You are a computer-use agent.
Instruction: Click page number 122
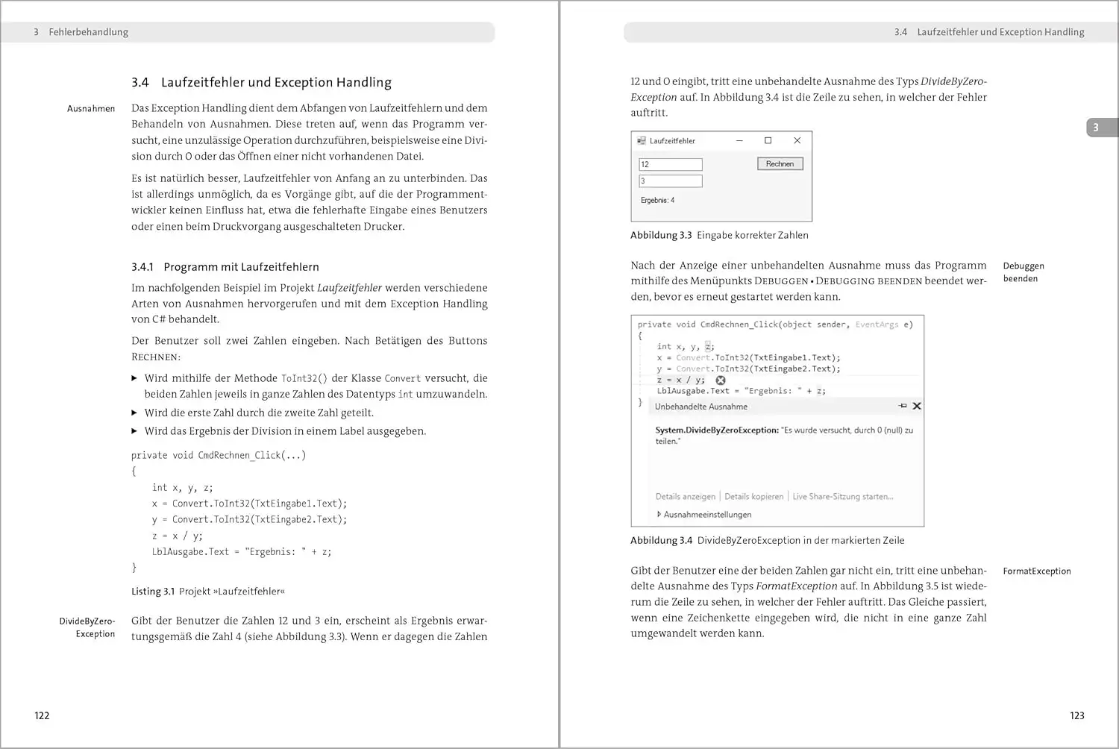pyautogui.click(x=42, y=715)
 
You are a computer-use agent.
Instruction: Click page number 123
pyautogui.click(x=1076, y=715)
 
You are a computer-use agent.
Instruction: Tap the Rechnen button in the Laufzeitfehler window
pyautogui.click(x=780, y=164)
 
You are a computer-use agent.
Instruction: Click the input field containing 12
pyautogui.click(x=670, y=165)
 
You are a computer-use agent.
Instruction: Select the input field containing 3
pyautogui.click(x=670, y=181)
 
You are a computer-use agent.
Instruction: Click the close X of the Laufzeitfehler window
pyautogui.click(x=797, y=140)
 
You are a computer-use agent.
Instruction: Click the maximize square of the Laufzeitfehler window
pyautogui.click(x=768, y=140)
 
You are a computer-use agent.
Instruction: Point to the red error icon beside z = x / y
pyautogui.click(x=721, y=380)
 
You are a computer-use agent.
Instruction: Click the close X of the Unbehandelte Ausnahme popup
pyautogui.click(x=917, y=407)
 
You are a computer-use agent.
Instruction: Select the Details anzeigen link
pyautogui.click(x=685, y=497)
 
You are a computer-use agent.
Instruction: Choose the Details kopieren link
pyautogui.click(x=753, y=497)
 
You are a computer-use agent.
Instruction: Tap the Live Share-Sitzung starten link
pyautogui.click(x=842, y=497)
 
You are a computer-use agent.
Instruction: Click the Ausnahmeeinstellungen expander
pyautogui.click(x=705, y=515)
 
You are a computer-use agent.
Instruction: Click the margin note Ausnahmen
pyautogui.click(x=91, y=109)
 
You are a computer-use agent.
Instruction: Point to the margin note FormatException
pyautogui.click(x=1036, y=571)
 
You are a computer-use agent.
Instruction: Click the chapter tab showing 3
pyautogui.click(x=1096, y=128)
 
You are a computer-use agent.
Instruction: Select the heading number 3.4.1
pyautogui.click(x=142, y=267)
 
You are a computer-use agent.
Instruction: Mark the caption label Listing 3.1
pyautogui.click(x=152, y=592)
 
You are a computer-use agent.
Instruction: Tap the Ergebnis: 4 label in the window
pyautogui.click(x=657, y=201)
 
